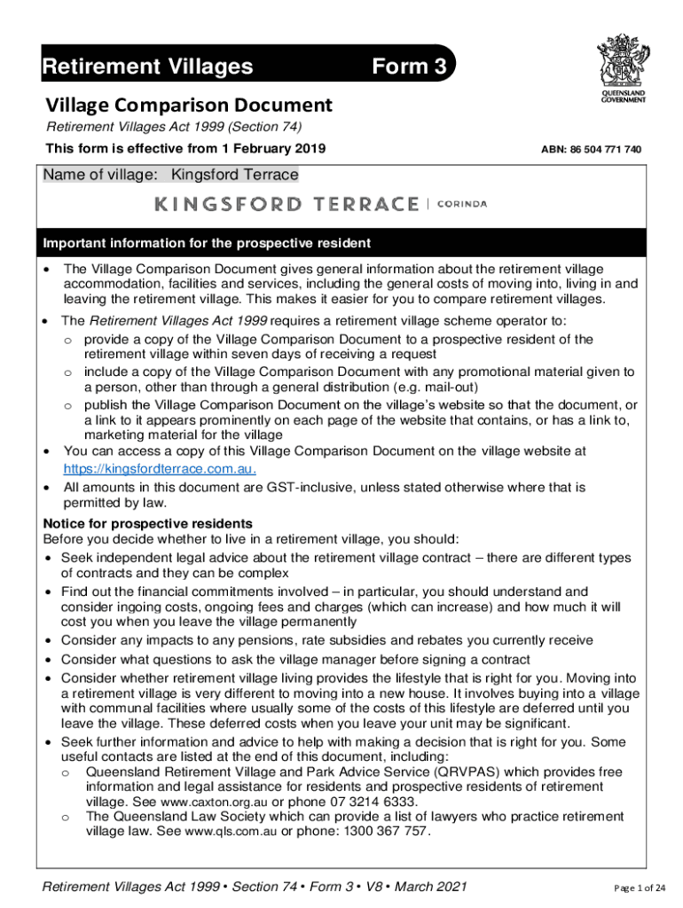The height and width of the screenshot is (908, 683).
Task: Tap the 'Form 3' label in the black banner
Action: coord(407,67)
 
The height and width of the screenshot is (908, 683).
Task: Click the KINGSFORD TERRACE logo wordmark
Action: coord(287,204)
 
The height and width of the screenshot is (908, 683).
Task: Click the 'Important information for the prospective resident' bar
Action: coord(208,243)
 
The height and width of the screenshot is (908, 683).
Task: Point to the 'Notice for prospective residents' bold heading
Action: coord(148,523)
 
